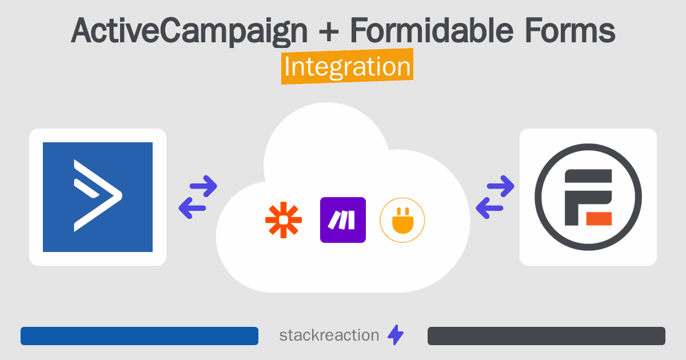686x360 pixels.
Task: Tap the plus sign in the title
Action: (329, 31)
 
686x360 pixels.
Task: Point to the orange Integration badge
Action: (348, 66)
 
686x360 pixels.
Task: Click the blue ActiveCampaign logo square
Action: (98, 197)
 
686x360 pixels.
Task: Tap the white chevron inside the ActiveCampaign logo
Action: (97, 195)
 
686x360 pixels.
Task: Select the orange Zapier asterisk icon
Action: (284, 220)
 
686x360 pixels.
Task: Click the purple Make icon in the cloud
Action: (342, 220)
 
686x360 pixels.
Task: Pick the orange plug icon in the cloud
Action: (402, 220)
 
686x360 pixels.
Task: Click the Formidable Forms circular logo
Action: (588, 197)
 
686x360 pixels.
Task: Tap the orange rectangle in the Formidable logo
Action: (599, 218)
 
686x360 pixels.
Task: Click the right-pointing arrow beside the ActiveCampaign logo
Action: (204, 186)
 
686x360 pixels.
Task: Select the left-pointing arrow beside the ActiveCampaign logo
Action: (192, 208)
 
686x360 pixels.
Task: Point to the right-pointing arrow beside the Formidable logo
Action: (500, 186)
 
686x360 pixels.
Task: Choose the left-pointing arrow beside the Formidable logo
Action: (489, 208)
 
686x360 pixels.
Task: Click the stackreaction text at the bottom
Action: (329, 335)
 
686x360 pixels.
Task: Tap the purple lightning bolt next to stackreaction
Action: (396, 335)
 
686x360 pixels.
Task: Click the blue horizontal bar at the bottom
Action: (139, 336)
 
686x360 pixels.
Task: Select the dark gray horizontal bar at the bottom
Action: (547, 336)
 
